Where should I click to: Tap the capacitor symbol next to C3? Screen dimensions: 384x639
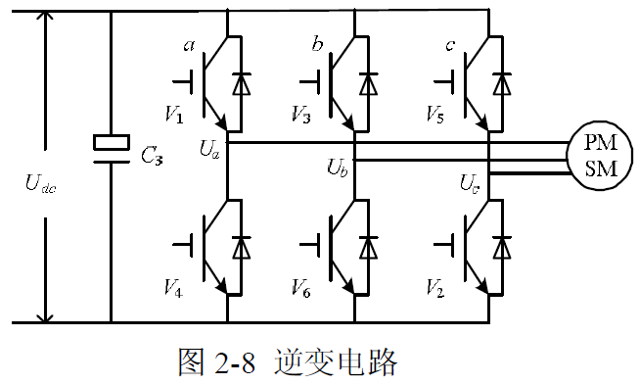coord(110,143)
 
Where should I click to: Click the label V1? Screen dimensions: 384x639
coord(173,116)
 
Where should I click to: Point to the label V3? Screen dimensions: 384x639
coord(300,116)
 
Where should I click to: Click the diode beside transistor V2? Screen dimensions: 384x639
coord(503,245)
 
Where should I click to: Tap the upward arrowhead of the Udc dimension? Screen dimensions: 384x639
coord(44,20)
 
